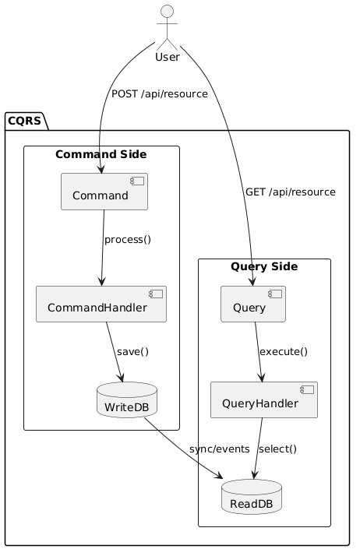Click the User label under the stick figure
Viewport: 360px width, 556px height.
click(x=168, y=57)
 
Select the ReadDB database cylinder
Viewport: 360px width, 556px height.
click(x=252, y=497)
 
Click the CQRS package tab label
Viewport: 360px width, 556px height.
click(x=26, y=121)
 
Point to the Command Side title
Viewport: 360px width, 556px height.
click(x=101, y=155)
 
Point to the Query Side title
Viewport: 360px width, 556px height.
click(x=264, y=267)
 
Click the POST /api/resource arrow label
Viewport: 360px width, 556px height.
click(x=160, y=94)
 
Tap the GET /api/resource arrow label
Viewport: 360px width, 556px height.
click(x=290, y=192)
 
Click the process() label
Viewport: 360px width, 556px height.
click(x=127, y=239)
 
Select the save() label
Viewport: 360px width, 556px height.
click(x=132, y=352)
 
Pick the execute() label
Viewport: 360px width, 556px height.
click(x=283, y=352)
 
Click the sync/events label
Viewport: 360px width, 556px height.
click(x=219, y=449)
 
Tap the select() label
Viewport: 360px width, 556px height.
click(x=277, y=449)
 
